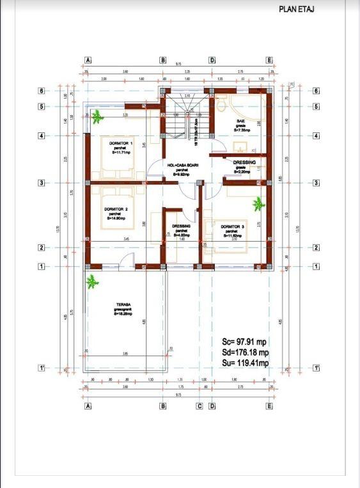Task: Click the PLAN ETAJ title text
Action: click(x=297, y=10)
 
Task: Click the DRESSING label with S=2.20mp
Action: click(x=244, y=163)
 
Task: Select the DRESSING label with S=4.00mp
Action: click(x=181, y=226)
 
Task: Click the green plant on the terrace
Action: click(x=93, y=280)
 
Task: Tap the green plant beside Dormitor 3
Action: click(x=258, y=204)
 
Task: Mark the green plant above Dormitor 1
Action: click(x=97, y=116)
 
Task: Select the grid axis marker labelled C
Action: click(x=200, y=406)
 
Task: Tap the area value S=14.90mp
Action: click(x=118, y=219)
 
